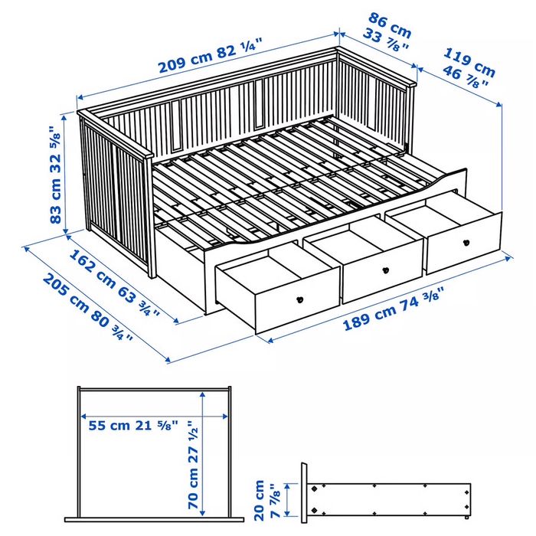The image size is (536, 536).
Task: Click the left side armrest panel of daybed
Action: [115, 191]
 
